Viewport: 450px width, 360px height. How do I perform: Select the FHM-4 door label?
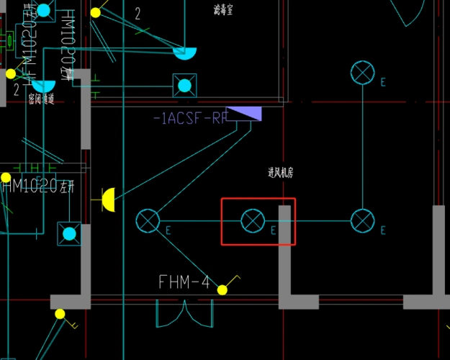pos(184,282)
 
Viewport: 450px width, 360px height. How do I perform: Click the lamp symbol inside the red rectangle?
pos(252,221)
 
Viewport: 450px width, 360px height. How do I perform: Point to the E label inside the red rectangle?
pos(273,230)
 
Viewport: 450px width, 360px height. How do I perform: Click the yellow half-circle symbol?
pos(108,200)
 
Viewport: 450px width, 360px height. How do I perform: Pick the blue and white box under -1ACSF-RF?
pos(248,114)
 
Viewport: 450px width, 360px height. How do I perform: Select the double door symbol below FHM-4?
pos(185,314)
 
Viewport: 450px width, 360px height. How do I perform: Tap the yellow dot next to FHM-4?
pos(222,290)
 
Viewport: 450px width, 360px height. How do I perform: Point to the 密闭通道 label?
pos(41,99)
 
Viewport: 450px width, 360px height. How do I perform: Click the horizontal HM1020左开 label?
pos(39,187)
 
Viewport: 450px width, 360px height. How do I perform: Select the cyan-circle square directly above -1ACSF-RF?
pos(185,86)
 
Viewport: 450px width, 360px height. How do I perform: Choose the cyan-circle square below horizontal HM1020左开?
pos(69,233)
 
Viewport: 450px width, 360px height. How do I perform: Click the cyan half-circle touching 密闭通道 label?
pos(43,86)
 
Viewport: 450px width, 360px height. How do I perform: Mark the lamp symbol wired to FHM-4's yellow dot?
pos(148,221)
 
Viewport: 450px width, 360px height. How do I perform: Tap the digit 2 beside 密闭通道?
pos(16,89)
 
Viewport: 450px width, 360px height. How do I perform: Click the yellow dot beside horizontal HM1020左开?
pos(6,177)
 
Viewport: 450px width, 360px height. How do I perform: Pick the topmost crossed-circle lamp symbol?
pos(362,73)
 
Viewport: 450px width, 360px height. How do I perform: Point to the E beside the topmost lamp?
pos(383,83)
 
